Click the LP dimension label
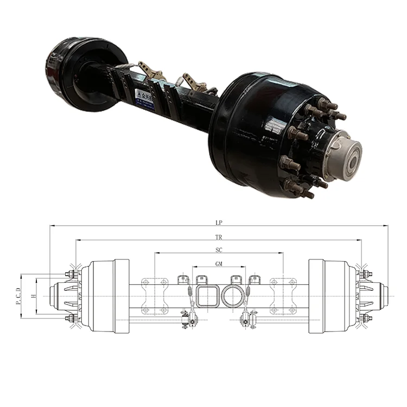tap(219, 222)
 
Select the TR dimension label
tap(219, 237)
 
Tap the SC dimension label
tap(219, 250)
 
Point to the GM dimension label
tap(219, 263)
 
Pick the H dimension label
tap(34, 296)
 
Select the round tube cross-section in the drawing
tap(232, 296)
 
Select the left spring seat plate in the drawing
tap(154, 296)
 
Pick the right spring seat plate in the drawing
tap(283, 296)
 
